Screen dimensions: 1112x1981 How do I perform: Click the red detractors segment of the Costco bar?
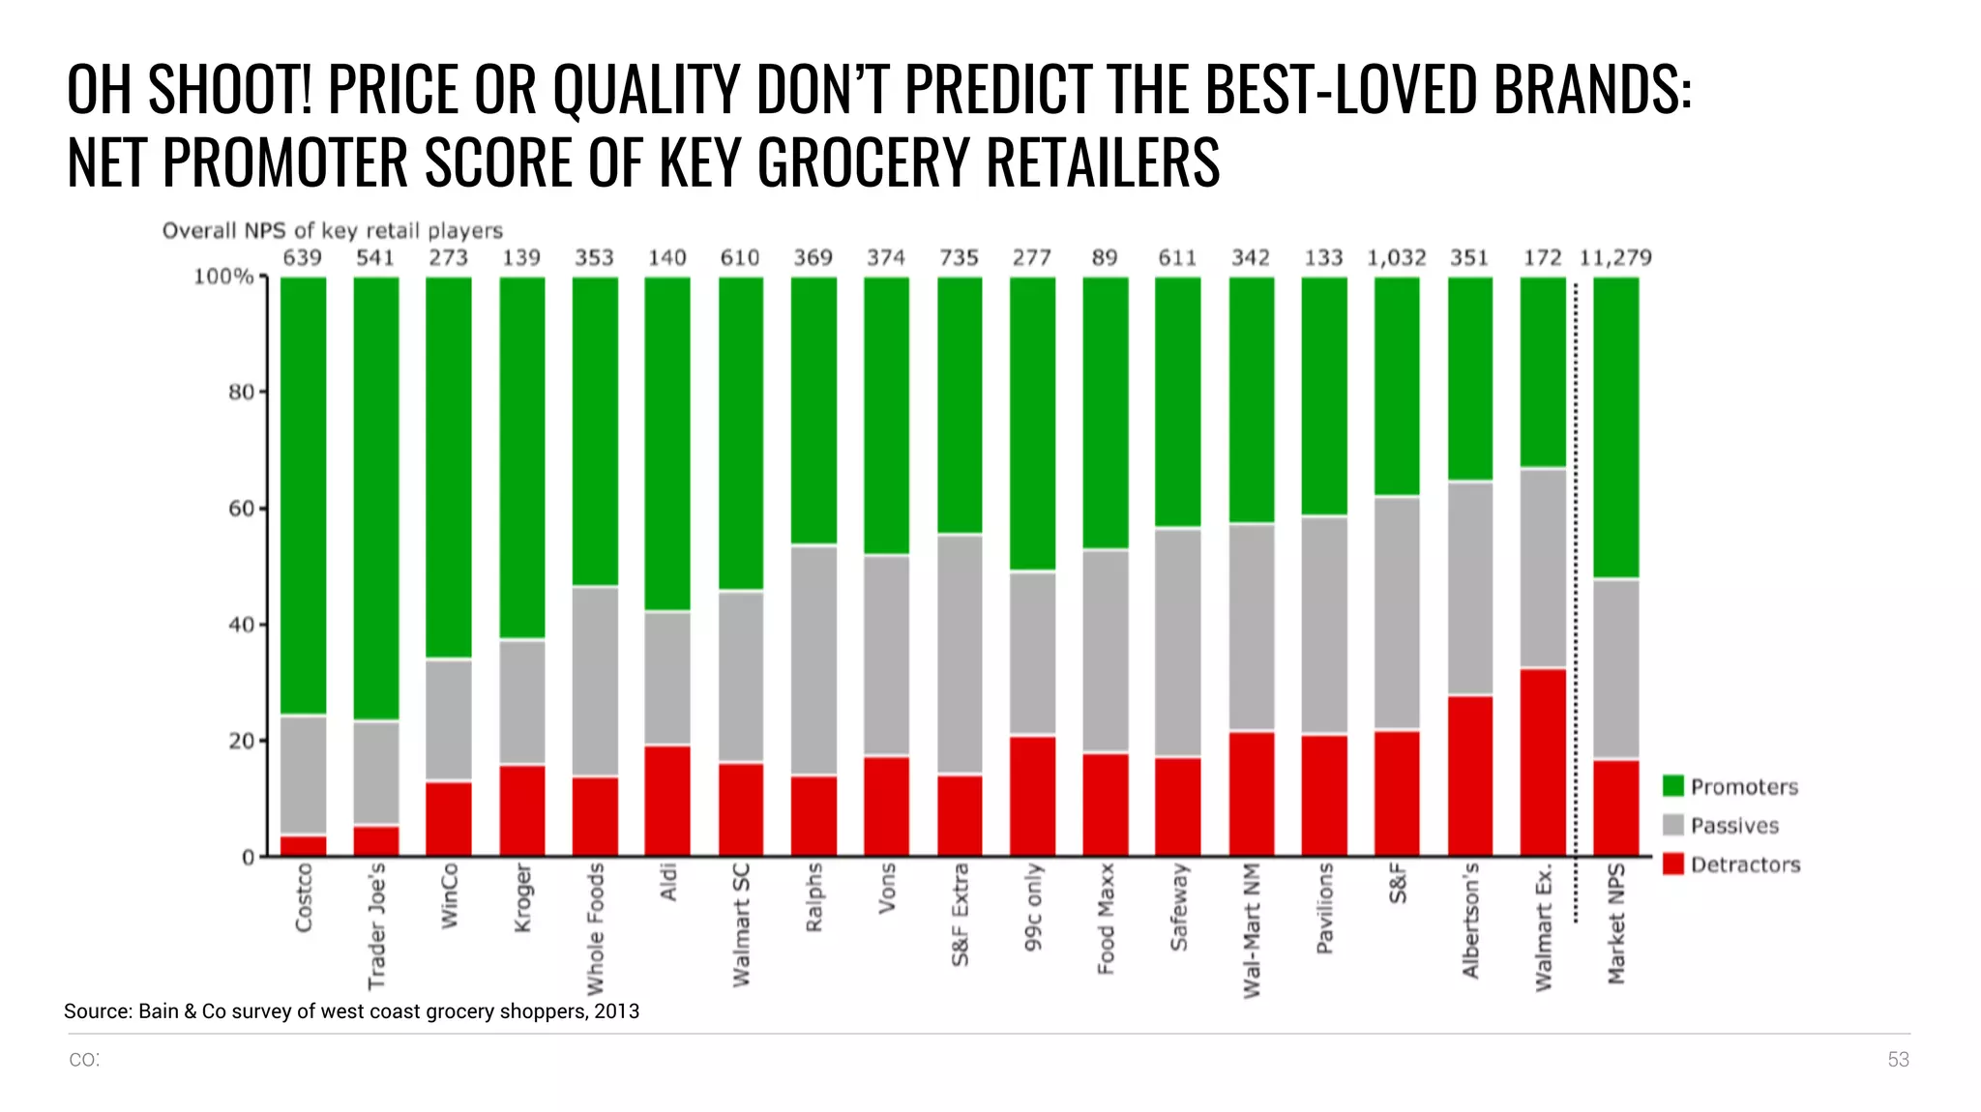tap(303, 846)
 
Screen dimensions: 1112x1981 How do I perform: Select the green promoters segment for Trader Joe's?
tap(375, 498)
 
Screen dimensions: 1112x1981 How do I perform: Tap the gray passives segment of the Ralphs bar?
tap(813, 660)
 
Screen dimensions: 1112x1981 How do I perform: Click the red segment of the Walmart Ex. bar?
tap(1543, 762)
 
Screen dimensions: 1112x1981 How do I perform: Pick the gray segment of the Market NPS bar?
tap(1615, 668)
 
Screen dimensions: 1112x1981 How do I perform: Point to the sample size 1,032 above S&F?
tap(1396, 258)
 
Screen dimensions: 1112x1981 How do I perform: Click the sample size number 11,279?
tap(1615, 258)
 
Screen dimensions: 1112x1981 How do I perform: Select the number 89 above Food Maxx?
tap(1105, 258)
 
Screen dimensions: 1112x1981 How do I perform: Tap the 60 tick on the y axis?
tap(242, 509)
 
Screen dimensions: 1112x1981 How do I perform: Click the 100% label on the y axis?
tap(223, 277)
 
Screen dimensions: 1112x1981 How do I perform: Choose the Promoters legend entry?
tap(1743, 787)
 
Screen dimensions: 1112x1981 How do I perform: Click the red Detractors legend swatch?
tap(1673, 863)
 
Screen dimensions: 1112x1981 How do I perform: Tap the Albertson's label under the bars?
tap(1470, 921)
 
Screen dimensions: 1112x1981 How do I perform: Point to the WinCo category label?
tap(449, 896)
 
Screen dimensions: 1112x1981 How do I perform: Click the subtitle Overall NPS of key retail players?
tap(332, 231)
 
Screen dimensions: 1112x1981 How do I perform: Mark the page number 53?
tap(1898, 1060)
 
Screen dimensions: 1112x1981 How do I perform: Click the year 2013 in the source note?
tap(617, 1011)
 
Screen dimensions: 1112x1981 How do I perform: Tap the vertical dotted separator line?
tap(1576, 600)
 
